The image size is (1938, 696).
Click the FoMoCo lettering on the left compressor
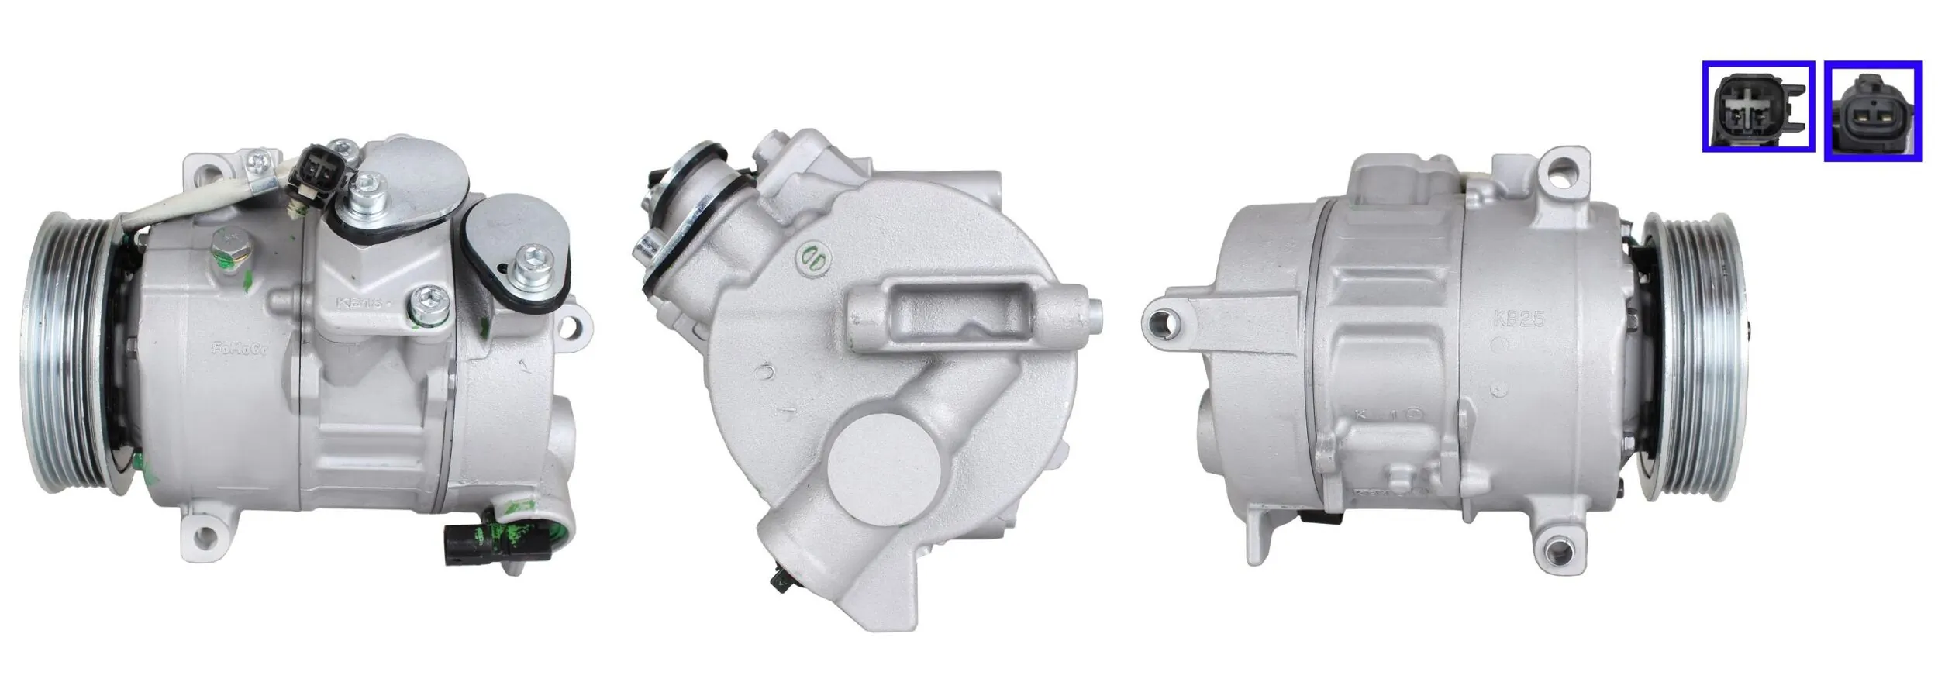[x=239, y=350]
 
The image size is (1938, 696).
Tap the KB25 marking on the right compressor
[x=1519, y=319]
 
